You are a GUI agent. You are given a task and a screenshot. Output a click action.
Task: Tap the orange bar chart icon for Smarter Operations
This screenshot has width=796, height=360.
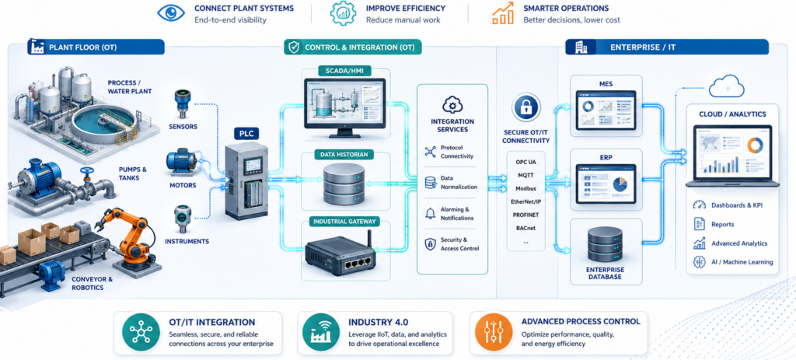[x=503, y=14]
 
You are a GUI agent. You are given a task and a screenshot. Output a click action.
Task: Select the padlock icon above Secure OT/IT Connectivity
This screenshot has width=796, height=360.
[x=526, y=108]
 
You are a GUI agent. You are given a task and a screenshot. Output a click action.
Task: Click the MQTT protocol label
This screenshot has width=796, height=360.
[x=525, y=175]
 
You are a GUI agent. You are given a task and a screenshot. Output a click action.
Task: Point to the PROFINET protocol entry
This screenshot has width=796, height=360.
[x=525, y=215]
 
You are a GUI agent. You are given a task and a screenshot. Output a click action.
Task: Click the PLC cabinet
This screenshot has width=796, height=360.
[x=246, y=180]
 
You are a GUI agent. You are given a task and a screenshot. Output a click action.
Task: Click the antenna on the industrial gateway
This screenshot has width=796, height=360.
[x=369, y=241]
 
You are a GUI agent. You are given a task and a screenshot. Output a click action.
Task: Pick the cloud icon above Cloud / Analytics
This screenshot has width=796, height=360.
[x=726, y=87]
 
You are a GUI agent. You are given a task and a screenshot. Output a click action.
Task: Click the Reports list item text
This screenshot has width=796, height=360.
[x=722, y=224]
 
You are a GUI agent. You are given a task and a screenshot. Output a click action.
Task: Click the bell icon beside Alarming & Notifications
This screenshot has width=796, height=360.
[x=430, y=213]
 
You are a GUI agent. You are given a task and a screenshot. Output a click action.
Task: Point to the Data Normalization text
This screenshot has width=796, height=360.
[x=459, y=182]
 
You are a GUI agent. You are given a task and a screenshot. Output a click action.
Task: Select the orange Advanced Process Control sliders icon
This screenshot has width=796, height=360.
[x=490, y=332]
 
